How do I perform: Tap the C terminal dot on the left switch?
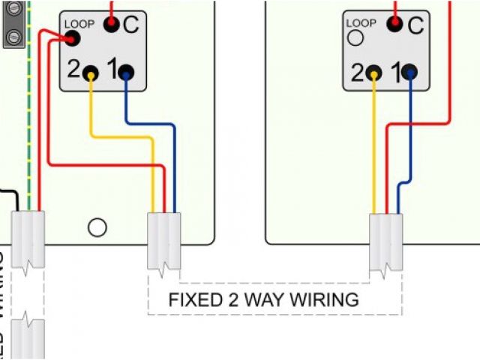tap(112, 25)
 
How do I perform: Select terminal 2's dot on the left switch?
tap(91, 73)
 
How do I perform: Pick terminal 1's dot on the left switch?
tap(125, 73)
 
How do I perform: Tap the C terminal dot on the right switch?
tap(394, 25)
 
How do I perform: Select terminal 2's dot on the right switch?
tap(374, 73)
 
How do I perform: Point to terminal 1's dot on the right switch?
tap(409, 73)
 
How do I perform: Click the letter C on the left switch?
tap(131, 25)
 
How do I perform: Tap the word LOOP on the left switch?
tap(79, 24)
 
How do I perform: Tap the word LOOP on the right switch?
tap(362, 24)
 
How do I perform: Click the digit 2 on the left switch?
tap(73, 70)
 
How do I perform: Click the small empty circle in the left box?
tap(97, 226)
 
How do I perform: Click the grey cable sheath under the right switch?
tap(387, 241)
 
